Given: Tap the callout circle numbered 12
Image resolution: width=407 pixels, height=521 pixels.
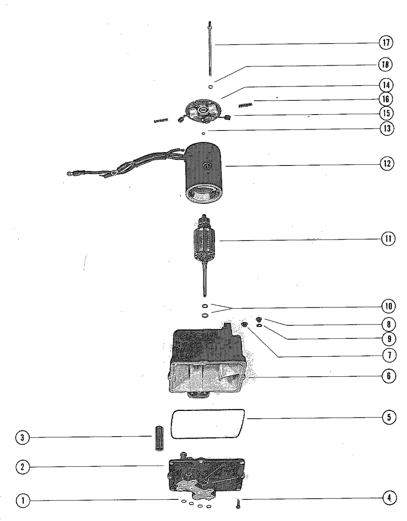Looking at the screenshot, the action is pyautogui.click(x=387, y=163).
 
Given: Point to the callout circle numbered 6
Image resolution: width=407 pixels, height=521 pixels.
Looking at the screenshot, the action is pyautogui.click(x=389, y=376).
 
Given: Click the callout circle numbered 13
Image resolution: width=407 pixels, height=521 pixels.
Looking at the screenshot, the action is pyautogui.click(x=387, y=129).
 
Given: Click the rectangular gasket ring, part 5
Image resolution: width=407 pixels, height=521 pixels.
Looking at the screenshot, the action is pyautogui.click(x=208, y=424).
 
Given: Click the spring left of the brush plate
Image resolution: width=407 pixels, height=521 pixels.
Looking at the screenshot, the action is pyautogui.click(x=161, y=120).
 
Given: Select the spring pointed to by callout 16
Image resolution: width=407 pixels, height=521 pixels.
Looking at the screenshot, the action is pyautogui.click(x=245, y=106).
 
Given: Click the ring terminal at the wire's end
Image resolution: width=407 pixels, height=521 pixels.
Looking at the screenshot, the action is pyautogui.click(x=69, y=174).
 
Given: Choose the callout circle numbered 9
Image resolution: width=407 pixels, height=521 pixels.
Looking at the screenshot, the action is pyautogui.click(x=389, y=338).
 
